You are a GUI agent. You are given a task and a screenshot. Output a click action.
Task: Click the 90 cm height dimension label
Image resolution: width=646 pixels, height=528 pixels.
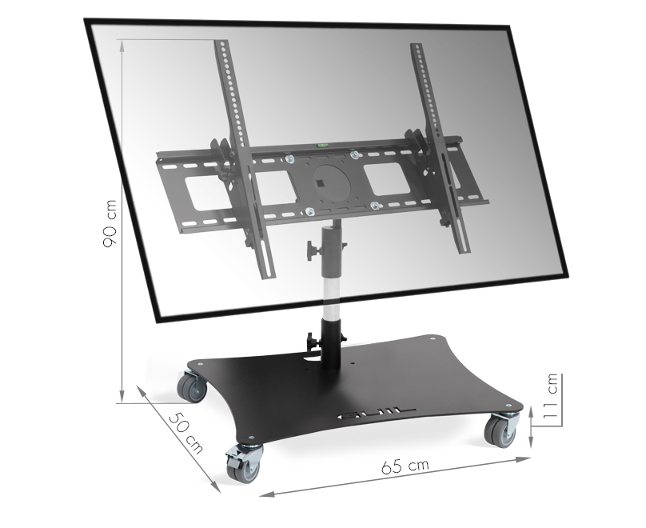click(110, 223)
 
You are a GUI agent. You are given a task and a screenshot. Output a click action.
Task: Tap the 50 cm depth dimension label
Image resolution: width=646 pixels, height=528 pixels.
click(186, 432)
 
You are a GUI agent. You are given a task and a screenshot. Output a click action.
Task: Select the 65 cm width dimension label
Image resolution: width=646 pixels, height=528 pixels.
click(405, 466)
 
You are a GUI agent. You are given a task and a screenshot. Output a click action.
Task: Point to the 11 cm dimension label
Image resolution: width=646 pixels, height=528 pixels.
click(550, 396)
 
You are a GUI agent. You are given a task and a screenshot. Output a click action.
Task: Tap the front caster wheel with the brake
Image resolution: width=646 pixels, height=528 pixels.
click(243, 463)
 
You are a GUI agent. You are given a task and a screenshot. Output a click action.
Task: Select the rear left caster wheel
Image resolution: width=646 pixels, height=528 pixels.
click(192, 386)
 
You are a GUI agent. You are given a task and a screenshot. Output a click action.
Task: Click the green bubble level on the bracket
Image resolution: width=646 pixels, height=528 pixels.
click(321, 145)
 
